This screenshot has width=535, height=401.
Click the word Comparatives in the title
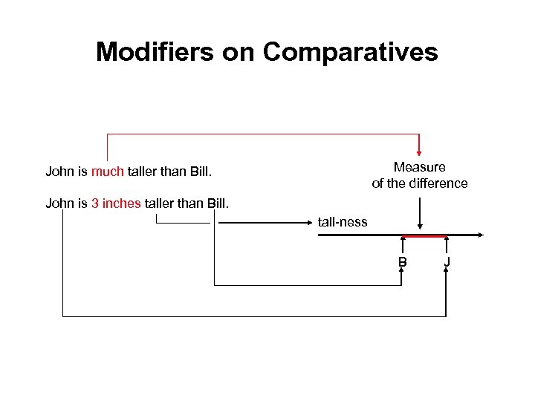tap(350, 52)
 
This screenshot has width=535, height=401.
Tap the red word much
tap(108, 172)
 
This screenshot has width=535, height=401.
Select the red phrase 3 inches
tap(116, 203)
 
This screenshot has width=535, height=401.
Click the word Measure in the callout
tap(419, 167)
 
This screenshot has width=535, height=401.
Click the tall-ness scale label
tap(343, 221)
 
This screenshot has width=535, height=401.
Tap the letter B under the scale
tap(402, 261)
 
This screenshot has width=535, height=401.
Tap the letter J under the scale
tap(447, 261)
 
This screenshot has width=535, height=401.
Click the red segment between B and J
tap(424, 236)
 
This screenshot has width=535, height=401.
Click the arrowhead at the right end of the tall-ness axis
tap(481, 235)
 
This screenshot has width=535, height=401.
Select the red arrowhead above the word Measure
tap(420, 151)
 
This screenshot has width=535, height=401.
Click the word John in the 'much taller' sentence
tap(59, 172)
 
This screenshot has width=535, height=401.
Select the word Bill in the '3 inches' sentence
tap(216, 203)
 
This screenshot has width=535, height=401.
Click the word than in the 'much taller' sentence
tap(173, 172)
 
